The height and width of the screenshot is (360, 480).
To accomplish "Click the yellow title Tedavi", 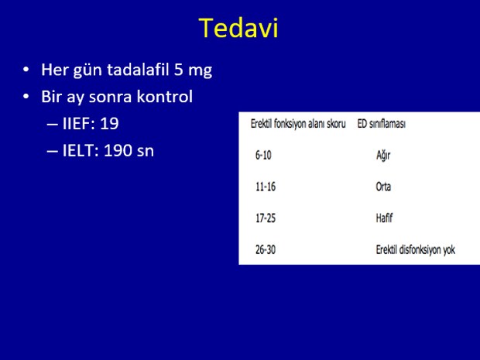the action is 238,28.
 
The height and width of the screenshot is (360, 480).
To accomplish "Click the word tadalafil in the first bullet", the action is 138,70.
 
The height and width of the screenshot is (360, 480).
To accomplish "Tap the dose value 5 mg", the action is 194,70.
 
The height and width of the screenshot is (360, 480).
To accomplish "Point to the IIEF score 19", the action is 109,123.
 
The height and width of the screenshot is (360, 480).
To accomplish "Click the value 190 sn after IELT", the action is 129,151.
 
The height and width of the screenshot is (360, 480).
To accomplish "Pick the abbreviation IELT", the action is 81,151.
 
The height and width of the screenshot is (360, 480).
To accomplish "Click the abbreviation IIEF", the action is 79,123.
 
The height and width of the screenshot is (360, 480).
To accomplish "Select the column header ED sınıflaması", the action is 382,124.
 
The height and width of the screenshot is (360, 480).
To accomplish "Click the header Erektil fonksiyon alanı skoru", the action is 298,124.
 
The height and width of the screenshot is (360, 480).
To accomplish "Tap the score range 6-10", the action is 263,155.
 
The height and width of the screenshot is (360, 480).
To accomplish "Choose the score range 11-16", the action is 266,187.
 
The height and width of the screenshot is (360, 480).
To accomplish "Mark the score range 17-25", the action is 266,218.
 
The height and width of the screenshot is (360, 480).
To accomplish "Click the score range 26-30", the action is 266,249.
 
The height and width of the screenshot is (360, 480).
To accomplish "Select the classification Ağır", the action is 383,155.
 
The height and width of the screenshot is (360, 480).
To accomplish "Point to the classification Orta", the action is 383,187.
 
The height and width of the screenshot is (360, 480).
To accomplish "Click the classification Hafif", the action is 384,218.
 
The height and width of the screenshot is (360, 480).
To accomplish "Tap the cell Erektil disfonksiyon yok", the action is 416,250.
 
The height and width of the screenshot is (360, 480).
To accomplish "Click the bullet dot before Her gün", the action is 26,70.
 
